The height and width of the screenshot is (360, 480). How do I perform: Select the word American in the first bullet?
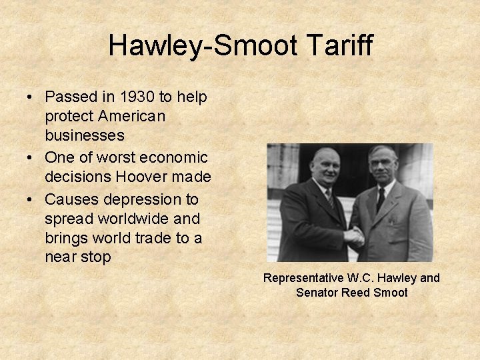[132, 116]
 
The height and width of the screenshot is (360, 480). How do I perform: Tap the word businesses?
[85, 135]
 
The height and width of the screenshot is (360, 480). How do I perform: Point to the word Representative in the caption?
[303, 278]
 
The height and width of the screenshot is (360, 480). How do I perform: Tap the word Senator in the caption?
[317, 293]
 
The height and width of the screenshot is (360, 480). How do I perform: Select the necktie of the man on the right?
[380, 198]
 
